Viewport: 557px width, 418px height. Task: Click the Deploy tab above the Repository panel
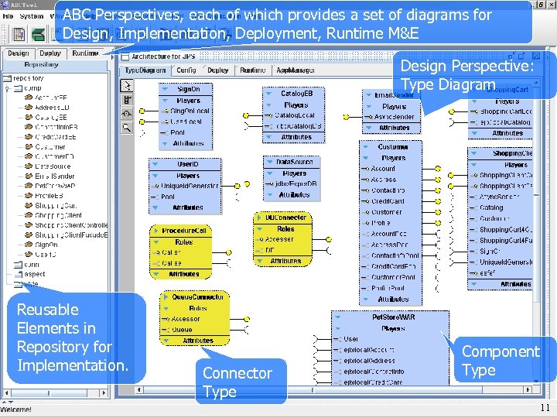click(50, 53)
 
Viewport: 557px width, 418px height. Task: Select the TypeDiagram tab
click(145, 70)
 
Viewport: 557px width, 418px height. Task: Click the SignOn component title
click(189, 89)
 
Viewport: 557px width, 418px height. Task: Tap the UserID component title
click(188, 164)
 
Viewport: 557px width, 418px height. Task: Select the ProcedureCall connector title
click(184, 231)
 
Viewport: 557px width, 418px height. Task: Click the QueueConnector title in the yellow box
click(197, 297)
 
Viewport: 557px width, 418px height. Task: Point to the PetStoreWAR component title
click(394, 317)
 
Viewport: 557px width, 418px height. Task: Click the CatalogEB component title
click(296, 94)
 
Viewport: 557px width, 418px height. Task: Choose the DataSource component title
click(295, 162)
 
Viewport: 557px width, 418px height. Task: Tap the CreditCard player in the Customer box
click(388, 201)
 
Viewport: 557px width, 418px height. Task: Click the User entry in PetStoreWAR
click(350, 339)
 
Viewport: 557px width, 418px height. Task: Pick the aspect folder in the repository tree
click(35, 274)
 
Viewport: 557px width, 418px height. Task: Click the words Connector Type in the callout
click(237, 382)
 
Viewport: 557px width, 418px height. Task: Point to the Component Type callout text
click(500, 360)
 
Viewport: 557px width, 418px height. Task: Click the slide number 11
click(545, 408)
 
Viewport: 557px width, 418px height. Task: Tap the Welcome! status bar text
click(17, 409)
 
